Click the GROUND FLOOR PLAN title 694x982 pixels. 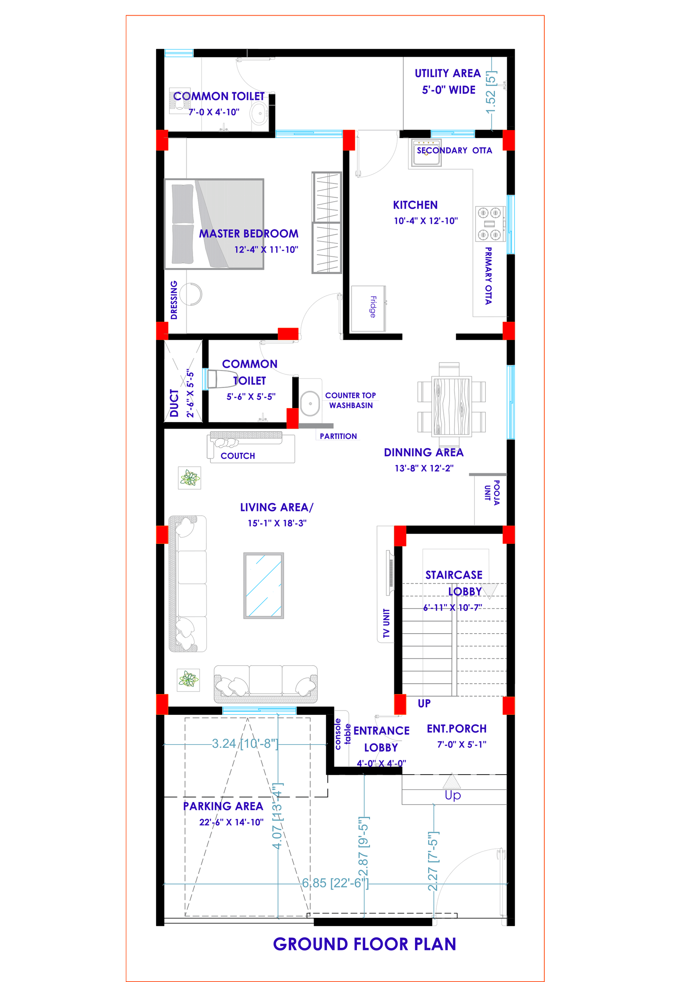coord(364,944)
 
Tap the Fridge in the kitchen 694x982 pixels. coord(368,308)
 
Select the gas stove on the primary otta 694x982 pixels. coord(490,224)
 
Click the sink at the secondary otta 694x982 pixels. coord(426,153)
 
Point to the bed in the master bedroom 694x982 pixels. coord(214,224)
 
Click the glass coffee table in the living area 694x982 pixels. coord(263,586)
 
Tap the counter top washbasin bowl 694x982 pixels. coord(310,403)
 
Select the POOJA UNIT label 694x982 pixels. coord(492,492)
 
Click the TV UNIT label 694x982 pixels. coord(386,623)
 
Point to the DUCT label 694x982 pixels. coord(174,403)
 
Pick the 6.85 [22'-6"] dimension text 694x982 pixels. coord(335,883)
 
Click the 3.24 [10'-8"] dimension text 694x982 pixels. coord(245,743)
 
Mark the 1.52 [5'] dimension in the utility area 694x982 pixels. coord(491,93)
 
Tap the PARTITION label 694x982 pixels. coord(338,436)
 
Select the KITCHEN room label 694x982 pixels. coord(415,205)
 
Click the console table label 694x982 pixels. coord(342,734)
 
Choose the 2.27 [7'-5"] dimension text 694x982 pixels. coord(433,861)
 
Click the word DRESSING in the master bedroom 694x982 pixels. coord(174,300)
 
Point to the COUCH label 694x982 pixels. coord(238,456)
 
